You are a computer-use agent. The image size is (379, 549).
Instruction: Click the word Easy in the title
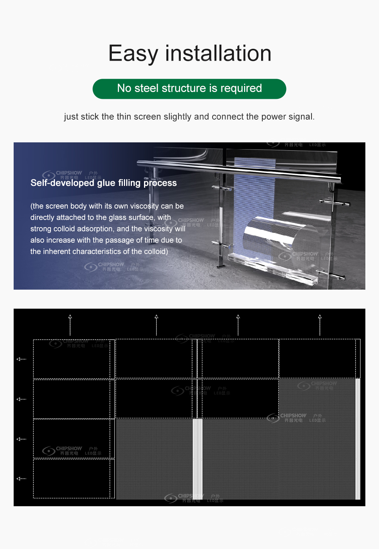coord(133,53)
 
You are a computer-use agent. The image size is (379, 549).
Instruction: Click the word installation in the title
coord(218,53)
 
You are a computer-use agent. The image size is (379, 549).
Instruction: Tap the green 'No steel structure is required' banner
coord(189,89)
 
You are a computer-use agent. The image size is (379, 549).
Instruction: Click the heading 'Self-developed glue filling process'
coord(103,183)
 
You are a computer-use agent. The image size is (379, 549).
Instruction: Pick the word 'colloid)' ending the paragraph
coord(155,251)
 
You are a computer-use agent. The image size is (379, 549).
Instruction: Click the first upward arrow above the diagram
coord(70,317)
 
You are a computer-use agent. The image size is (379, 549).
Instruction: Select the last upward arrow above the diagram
coord(320,317)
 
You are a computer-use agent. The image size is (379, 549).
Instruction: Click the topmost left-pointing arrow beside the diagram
coord(21,359)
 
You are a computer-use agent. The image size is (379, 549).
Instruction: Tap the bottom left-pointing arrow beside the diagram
coord(21,479)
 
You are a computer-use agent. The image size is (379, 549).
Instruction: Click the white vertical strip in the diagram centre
coord(197,458)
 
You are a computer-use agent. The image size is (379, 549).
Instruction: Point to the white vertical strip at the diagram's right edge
coord(358,439)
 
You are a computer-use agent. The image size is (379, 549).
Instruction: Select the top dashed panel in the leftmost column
coord(74,359)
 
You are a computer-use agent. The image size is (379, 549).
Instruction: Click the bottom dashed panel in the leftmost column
coord(74,479)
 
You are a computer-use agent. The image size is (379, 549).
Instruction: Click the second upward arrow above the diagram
coord(156,317)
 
